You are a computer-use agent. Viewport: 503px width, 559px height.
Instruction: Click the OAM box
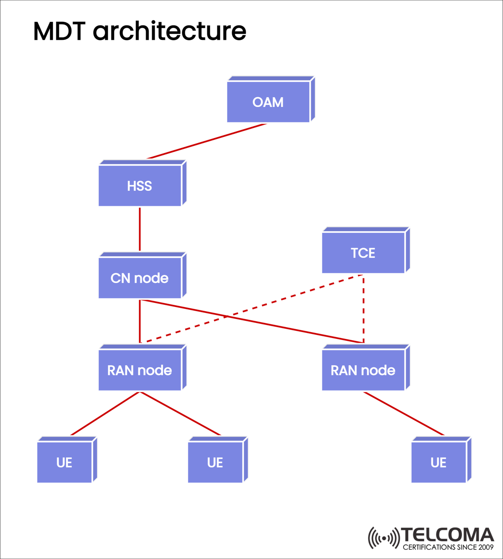tap(268, 102)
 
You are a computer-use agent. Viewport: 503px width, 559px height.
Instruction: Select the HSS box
tap(140, 186)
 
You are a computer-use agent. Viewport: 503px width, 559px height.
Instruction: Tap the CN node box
tap(140, 278)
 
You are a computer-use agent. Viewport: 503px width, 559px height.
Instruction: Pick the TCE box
tap(363, 253)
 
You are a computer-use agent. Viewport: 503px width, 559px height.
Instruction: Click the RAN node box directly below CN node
tap(140, 370)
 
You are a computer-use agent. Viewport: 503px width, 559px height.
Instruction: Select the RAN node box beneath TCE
tap(363, 370)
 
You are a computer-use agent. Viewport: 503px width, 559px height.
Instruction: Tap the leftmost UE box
tap(65, 462)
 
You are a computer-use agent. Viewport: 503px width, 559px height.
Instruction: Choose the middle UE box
tap(215, 462)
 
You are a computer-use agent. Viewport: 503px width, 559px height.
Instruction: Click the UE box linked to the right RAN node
tap(439, 462)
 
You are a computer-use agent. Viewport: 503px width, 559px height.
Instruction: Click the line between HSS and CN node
tap(140, 229)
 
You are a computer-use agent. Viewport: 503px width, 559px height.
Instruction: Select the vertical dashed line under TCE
tap(363, 309)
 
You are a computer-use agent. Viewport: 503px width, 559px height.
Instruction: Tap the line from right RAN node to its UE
tap(404, 413)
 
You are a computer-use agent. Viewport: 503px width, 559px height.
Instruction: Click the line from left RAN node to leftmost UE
tap(105, 413)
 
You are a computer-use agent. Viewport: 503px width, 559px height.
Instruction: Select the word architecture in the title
tap(169, 31)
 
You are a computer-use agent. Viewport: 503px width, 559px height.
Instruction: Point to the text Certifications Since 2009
tap(448, 547)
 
